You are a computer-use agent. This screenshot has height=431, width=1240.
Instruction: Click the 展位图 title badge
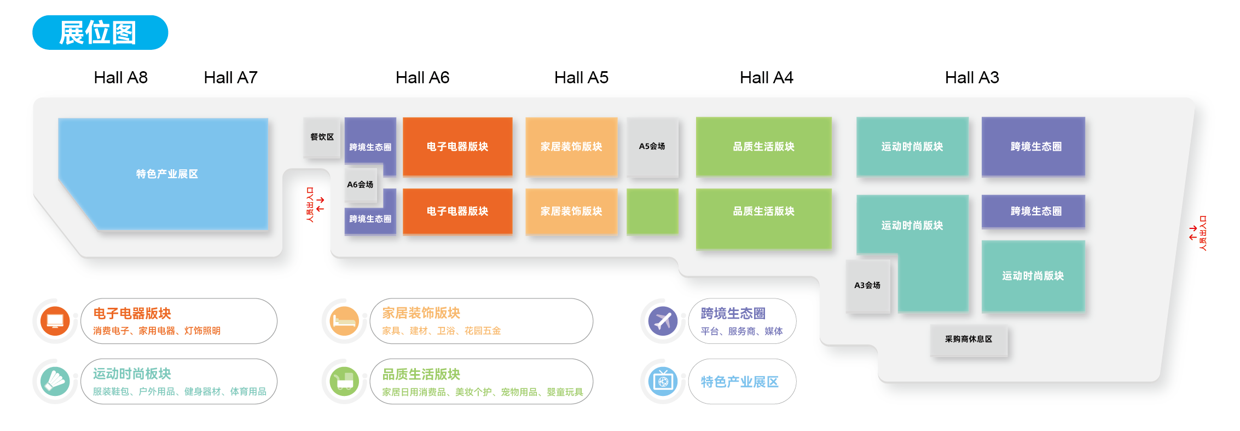pyautogui.click(x=100, y=32)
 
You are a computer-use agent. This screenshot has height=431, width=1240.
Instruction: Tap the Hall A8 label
pyautogui.click(x=121, y=78)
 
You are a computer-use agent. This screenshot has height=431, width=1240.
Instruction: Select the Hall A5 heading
pyautogui.click(x=581, y=78)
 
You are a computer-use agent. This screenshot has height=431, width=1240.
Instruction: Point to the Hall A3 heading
pyautogui.click(x=972, y=78)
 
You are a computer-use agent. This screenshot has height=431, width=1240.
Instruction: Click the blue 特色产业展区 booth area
pyautogui.click(x=167, y=174)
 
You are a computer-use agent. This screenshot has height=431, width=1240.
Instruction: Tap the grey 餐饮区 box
pyautogui.click(x=322, y=137)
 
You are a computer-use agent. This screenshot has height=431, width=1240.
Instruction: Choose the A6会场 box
pyautogui.click(x=360, y=185)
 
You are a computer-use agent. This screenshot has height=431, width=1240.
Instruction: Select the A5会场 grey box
pyautogui.click(x=652, y=147)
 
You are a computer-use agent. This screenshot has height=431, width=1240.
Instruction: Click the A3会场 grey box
pyautogui.click(x=867, y=285)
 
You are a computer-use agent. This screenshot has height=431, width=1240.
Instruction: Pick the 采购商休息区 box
pyautogui.click(x=969, y=340)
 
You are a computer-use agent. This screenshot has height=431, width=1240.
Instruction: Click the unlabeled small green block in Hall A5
pyautogui.click(x=652, y=211)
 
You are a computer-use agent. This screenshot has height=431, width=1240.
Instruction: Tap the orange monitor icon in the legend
pyautogui.click(x=55, y=321)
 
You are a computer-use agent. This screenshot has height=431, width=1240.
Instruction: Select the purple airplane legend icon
pyautogui.click(x=663, y=321)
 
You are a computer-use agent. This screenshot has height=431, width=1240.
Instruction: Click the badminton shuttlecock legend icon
pyautogui.click(x=55, y=382)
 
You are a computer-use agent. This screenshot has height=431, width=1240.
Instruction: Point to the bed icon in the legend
pyautogui.click(x=344, y=321)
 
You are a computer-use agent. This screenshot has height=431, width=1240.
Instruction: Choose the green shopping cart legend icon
pyautogui.click(x=344, y=382)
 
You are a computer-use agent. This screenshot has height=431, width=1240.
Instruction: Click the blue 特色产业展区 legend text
pyautogui.click(x=739, y=382)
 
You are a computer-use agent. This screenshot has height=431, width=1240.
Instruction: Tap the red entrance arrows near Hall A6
pyautogui.click(x=320, y=204)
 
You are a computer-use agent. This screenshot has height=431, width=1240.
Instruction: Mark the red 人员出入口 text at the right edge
pyautogui.click(x=1203, y=233)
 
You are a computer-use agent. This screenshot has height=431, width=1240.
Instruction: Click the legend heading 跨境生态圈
pyautogui.click(x=733, y=313)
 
